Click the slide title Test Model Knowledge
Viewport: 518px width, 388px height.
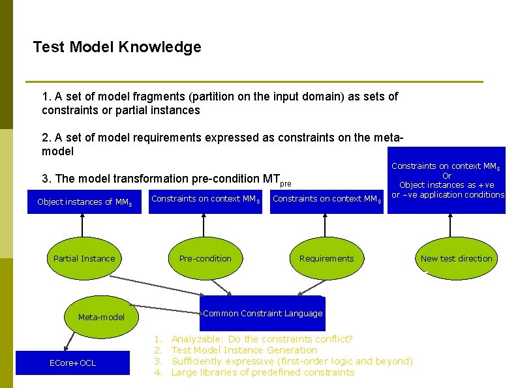pos(117,48)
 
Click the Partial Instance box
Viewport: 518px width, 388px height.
pos(84,259)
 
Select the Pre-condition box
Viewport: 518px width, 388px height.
pos(205,259)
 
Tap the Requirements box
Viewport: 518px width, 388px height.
pos(326,259)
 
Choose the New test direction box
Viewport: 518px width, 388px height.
pos(457,259)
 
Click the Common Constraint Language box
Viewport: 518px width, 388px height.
pos(262,314)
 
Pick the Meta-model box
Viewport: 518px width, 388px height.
pos(101,318)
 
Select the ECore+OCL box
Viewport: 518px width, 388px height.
pos(72,363)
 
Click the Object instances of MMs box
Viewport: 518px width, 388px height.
pos(84,202)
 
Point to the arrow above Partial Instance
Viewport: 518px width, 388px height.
pos(83,225)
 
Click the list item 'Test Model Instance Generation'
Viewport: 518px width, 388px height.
pos(244,350)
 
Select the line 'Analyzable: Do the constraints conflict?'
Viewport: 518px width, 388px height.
pos(262,339)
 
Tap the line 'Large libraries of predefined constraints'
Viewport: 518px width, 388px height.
pos(263,372)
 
